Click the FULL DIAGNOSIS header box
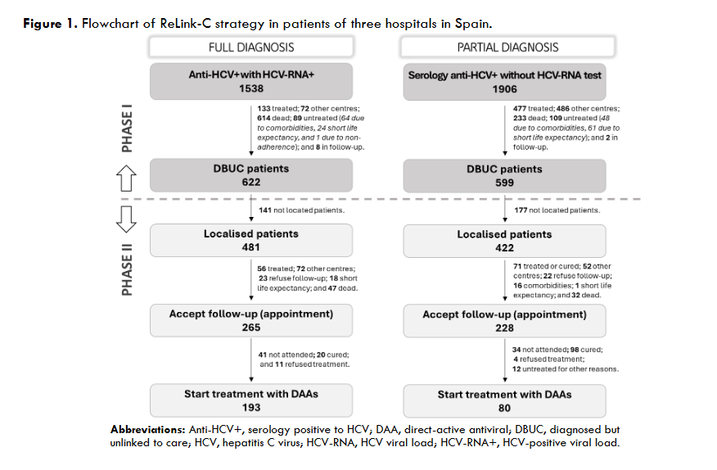pos(250,47)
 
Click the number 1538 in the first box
pos(250,88)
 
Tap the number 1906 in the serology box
pos(504,88)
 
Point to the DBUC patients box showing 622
pos(250,175)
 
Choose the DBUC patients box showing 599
pos(504,175)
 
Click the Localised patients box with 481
pos(250,240)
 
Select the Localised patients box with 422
pos(504,240)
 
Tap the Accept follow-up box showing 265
pos(250,320)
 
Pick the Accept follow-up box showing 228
pos(504,320)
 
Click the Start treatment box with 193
pos(250,400)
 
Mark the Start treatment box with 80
pos(504,400)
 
